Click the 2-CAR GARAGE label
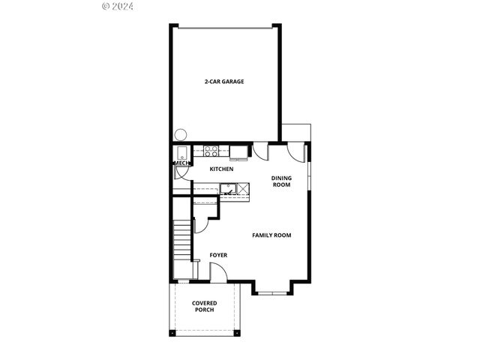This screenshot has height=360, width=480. [225, 82]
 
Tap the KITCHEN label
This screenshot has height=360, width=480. [221, 169]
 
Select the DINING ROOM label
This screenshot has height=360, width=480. [281, 181]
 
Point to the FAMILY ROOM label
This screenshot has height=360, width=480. [271, 235]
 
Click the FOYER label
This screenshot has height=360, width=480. [218, 255]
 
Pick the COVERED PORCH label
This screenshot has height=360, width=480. [205, 306]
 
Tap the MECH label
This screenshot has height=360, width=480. [181, 163]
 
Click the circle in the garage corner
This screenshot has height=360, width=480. [180, 136]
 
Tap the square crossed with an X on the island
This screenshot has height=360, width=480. [244, 189]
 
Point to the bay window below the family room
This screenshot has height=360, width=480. [272, 289]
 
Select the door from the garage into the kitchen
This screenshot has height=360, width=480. [259, 149]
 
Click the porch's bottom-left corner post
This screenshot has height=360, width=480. [172, 333]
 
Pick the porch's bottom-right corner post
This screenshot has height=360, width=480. [238, 333]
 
